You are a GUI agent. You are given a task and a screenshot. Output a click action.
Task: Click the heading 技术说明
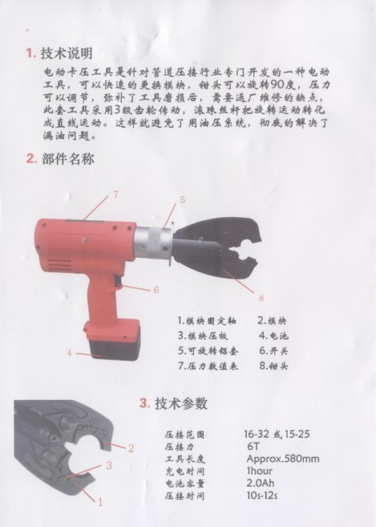point(66,53)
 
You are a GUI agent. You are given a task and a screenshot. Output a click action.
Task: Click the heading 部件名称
point(68,158)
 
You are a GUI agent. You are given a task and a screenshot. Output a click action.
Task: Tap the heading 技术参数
point(181,403)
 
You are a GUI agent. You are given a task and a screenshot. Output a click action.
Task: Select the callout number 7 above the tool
point(115,194)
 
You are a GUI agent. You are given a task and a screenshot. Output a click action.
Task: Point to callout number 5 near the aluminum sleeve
point(182,200)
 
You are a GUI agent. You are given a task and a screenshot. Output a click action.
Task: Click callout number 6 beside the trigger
point(156,290)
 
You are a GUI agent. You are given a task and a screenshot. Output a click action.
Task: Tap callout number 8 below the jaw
point(261,298)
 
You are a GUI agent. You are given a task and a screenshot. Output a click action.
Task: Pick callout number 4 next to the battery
point(69,353)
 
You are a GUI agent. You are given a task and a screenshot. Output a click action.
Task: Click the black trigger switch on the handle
point(117,282)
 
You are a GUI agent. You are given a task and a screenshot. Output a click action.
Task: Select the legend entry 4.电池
point(273,336)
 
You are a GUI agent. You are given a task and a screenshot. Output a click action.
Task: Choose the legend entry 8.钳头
point(273,366)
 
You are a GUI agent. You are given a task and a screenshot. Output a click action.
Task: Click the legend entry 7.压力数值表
point(208,366)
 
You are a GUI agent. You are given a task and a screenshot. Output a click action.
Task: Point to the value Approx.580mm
point(283,459)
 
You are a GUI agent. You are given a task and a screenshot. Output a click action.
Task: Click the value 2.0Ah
point(260,483)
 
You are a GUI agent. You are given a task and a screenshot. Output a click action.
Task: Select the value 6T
point(253,447)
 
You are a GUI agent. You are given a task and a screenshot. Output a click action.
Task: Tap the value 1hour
point(259,471)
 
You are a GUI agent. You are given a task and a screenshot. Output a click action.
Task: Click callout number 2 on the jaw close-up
point(131,447)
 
